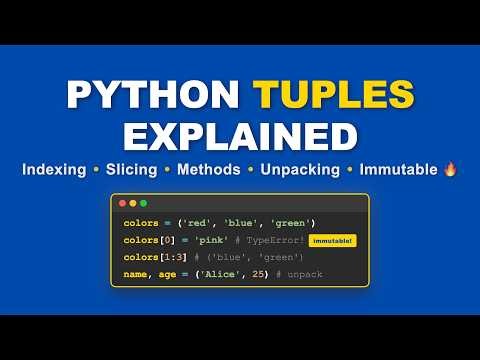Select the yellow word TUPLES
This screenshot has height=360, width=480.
[x=334, y=95]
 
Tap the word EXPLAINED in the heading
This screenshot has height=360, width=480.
[x=240, y=135]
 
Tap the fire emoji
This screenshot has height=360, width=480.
[x=449, y=169]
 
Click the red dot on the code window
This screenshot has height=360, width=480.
[x=121, y=203]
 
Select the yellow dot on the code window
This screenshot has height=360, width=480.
[x=132, y=203]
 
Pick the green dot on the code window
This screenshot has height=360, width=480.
[x=143, y=203]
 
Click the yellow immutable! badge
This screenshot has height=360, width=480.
[x=332, y=241]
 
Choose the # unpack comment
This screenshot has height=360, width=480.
[x=296, y=274]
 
